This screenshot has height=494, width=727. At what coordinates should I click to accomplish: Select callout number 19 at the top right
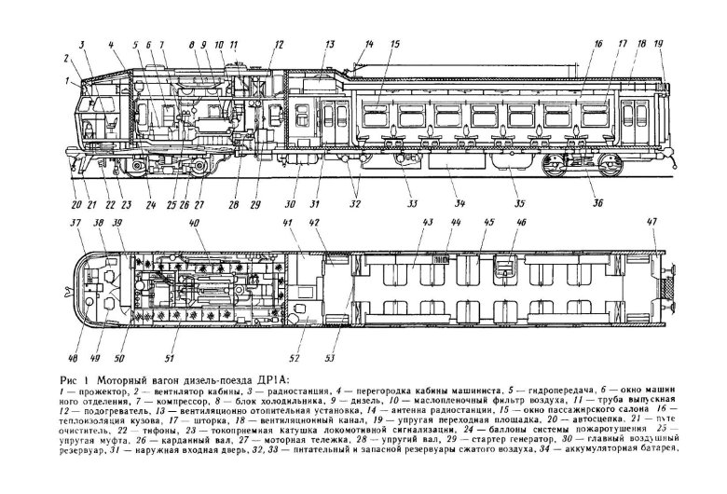(x=658, y=44)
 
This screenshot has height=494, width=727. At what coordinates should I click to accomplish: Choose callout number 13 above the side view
(x=329, y=44)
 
